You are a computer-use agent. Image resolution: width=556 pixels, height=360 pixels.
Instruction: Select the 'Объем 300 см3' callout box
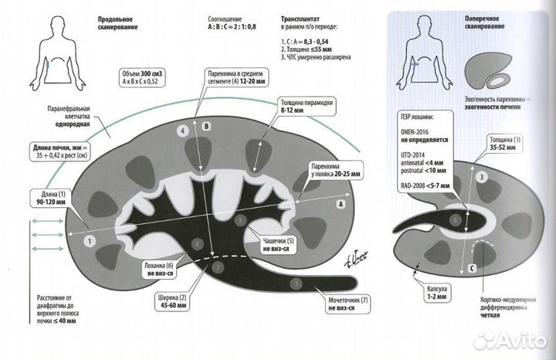[x=144, y=75]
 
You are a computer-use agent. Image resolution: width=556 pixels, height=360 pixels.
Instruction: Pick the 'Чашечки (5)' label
[x=275, y=246]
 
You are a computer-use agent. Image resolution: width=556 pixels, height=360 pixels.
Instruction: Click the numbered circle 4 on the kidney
[x=182, y=132]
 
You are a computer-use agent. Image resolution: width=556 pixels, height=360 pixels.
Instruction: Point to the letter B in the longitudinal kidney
[x=206, y=125]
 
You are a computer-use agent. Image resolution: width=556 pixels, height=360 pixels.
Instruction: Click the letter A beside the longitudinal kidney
[x=341, y=204]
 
